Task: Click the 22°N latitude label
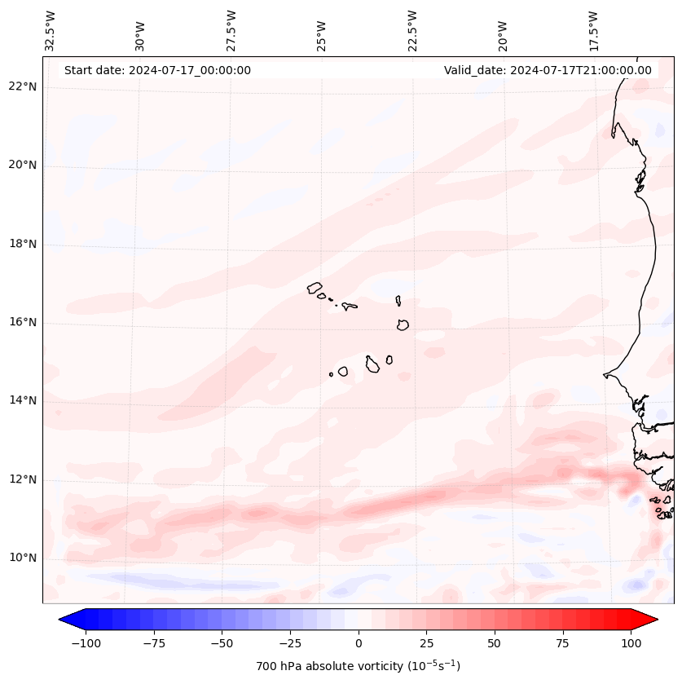pos(24,87)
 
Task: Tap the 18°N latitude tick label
pos(24,244)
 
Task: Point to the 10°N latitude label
pos(24,558)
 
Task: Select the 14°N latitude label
pos(24,401)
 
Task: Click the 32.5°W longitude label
pos(51,31)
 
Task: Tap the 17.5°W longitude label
pos(593,31)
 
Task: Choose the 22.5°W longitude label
pos(412,31)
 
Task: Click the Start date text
pos(157,70)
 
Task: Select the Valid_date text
pos(548,70)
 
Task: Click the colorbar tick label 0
pos(358,643)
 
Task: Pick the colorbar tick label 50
pos(495,643)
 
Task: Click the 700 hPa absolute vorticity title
pos(358,666)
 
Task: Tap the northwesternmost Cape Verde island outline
pos(315,287)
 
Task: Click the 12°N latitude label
pos(24,479)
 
